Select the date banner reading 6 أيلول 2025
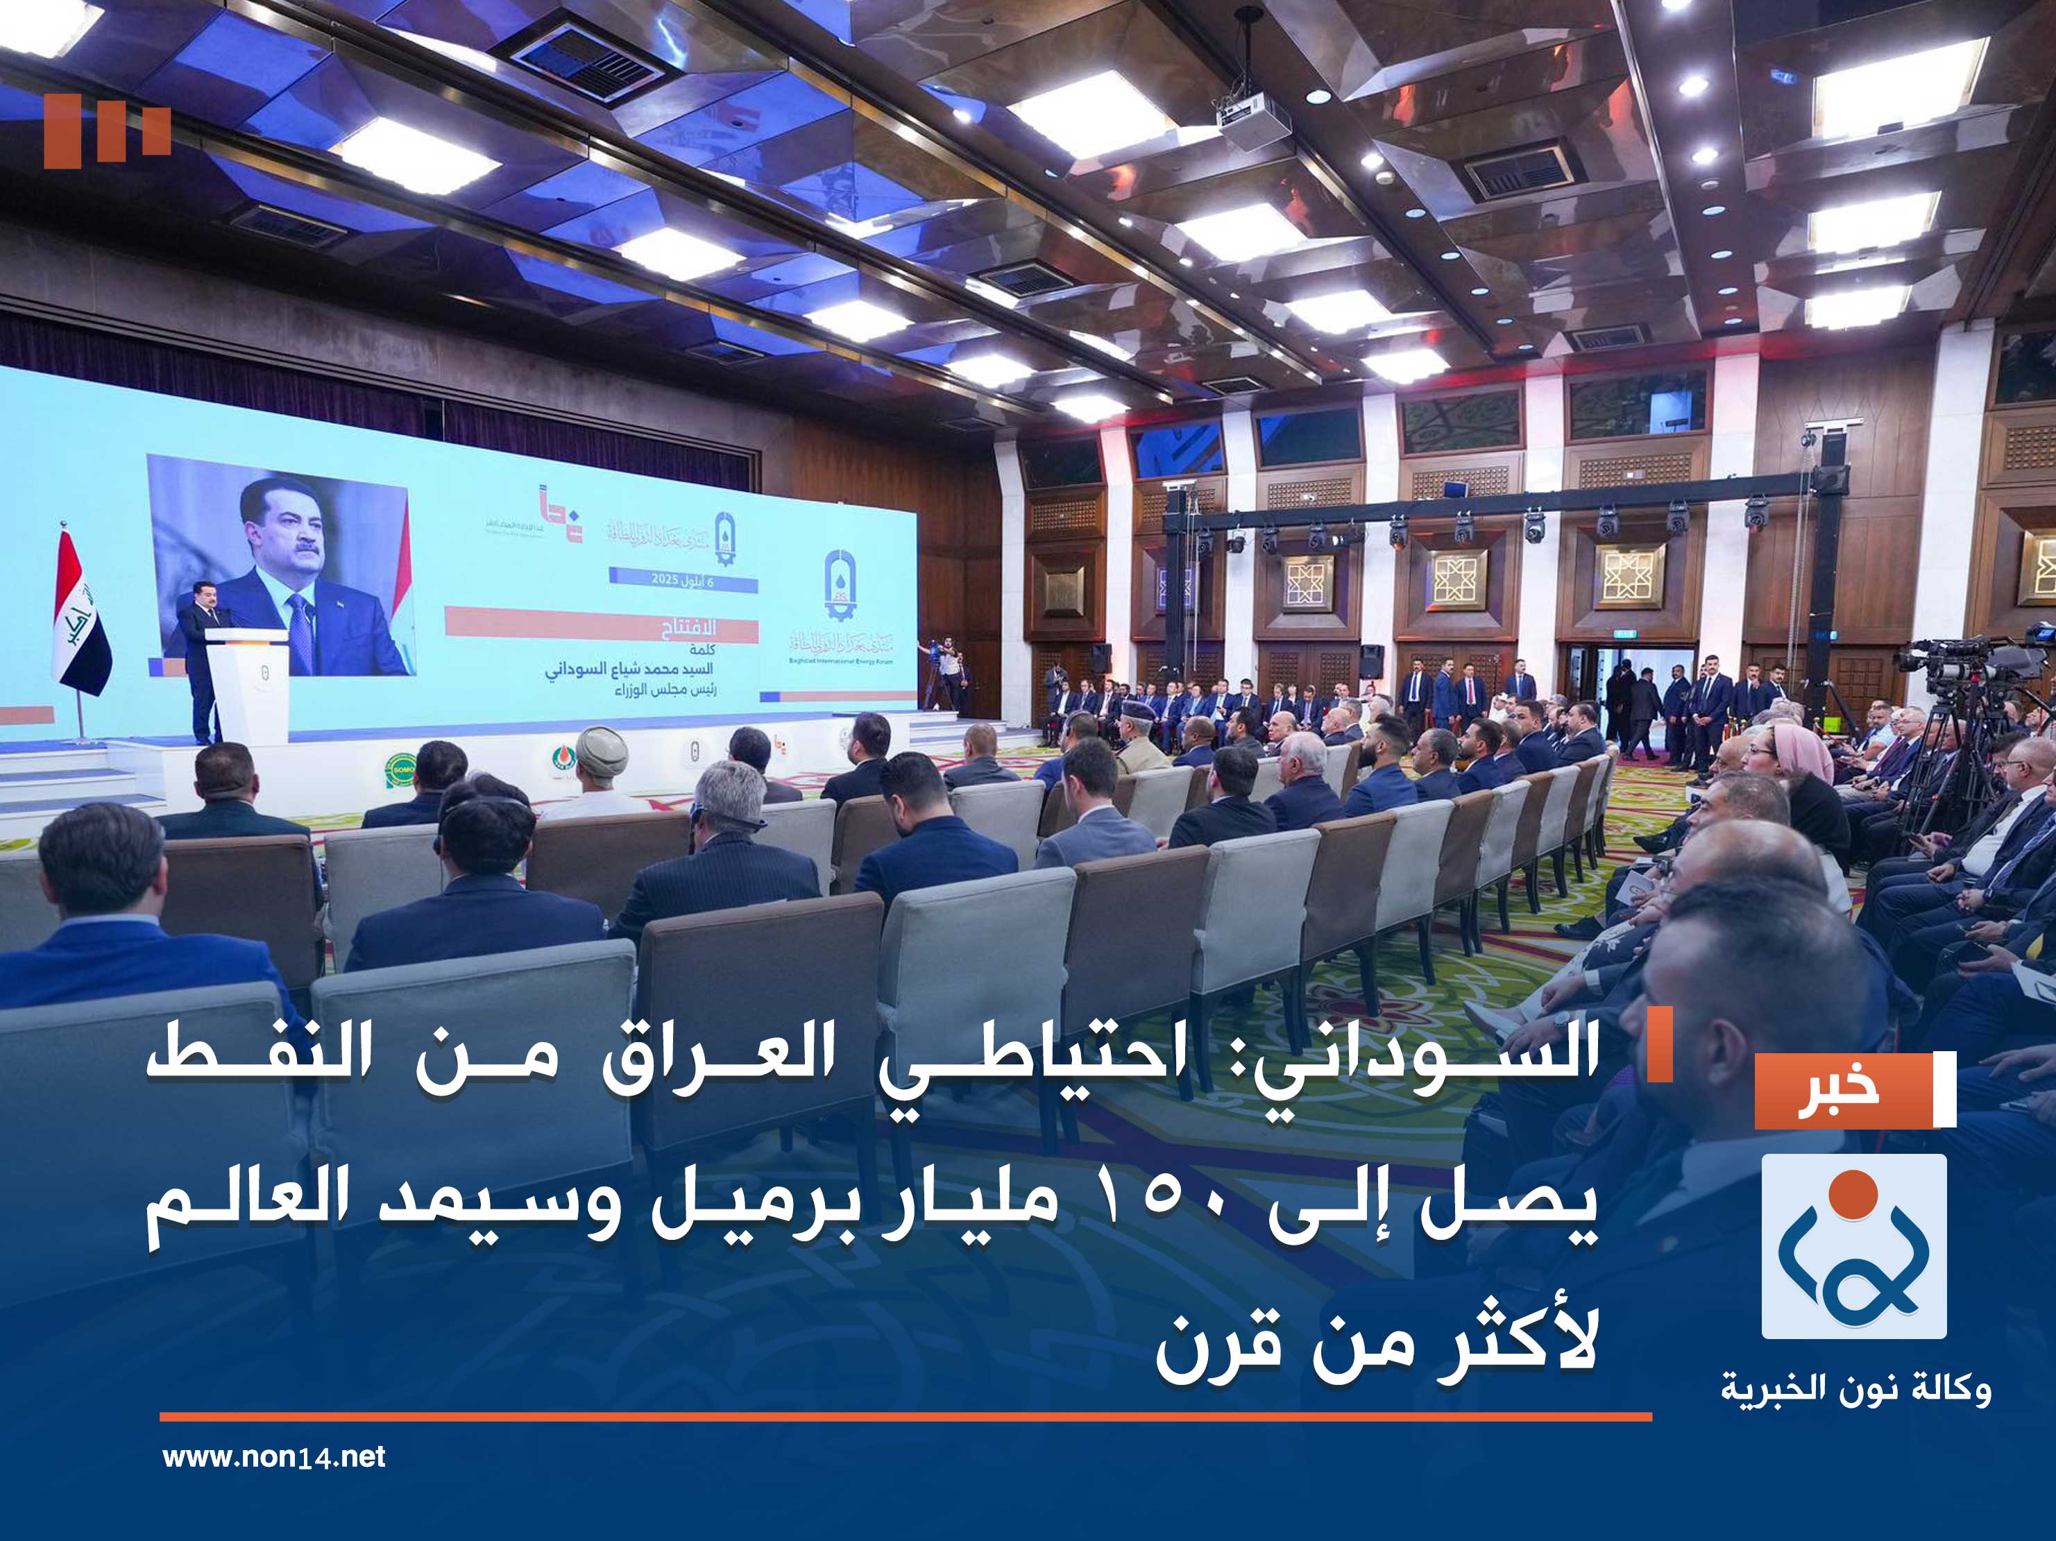pos(683,581)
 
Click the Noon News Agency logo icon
pos(1853,1245)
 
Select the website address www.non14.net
pos(273,1456)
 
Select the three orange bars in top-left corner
pos(107,131)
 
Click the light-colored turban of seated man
pos(600,745)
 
